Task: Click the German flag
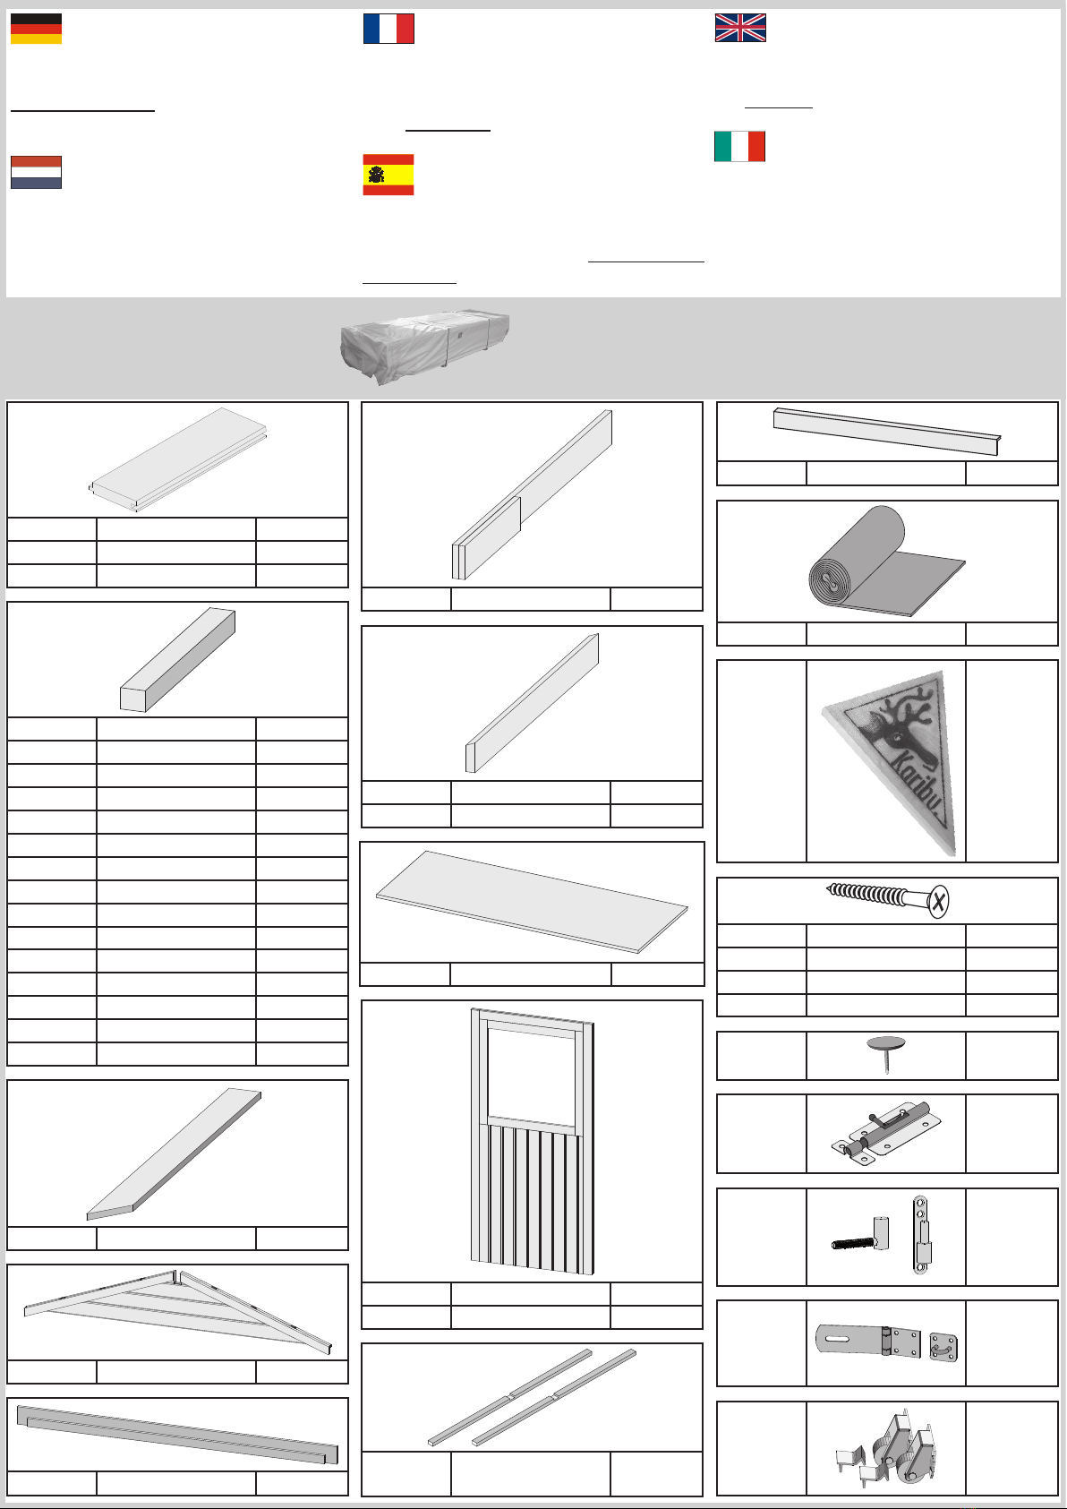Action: click(x=37, y=29)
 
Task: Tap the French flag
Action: click(x=388, y=29)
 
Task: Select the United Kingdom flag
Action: click(x=740, y=28)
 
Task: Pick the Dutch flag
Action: click(x=37, y=172)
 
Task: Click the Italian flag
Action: click(x=739, y=146)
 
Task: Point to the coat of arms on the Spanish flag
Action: click(x=376, y=176)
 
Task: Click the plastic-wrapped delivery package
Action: click(x=424, y=347)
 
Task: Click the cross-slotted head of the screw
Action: click(x=938, y=901)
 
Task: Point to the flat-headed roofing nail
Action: click(x=886, y=1054)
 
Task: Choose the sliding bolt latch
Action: click(x=885, y=1134)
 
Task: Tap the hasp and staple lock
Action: click(x=886, y=1342)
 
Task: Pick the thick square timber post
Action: click(x=178, y=659)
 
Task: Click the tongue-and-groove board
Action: click(x=178, y=459)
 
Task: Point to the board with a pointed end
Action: click(x=174, y=1154)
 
